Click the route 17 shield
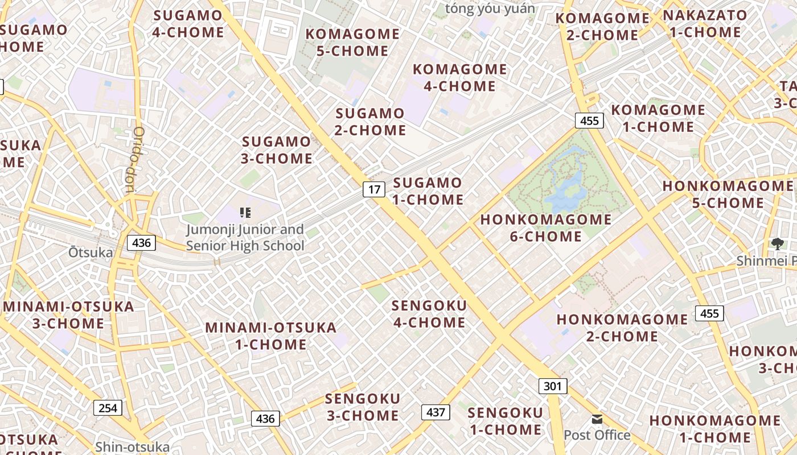click(x=374, y=189)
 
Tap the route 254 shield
click(x=108, y=408)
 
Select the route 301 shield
click(x=552, y=386)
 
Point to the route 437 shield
click(x=436, y=412)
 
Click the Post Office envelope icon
click(x=597, y=419)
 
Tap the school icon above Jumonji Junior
click(x=245, y=213)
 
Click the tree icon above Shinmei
click(x=777, y=244)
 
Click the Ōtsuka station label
click(x=91, y=252)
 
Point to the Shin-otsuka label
click(x=133, y=447)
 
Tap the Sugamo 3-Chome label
click(x=277, y=150)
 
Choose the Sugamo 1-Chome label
click(x=428, y=191)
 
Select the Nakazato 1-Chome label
click(x=705, y=23)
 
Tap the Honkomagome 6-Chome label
click(x=546, y=227)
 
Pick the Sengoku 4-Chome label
click(x=429, y=314)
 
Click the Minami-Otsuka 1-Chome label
click(x=271, y=336)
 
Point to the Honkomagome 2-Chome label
click(x=622, y=328)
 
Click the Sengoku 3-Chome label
click(x=363, y=407)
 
